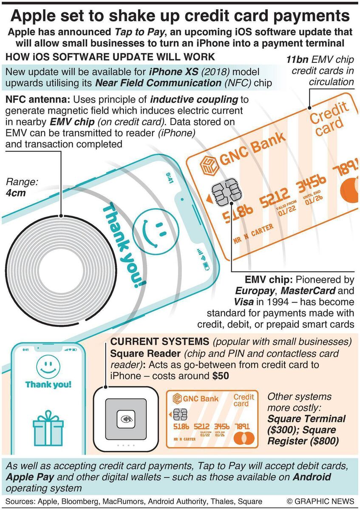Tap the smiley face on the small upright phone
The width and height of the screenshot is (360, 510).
pos(48,365)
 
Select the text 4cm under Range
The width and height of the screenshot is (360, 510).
pos(16,193)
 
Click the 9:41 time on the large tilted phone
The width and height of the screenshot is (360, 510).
pos(169,178)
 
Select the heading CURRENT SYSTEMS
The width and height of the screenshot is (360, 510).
pos(159,342)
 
